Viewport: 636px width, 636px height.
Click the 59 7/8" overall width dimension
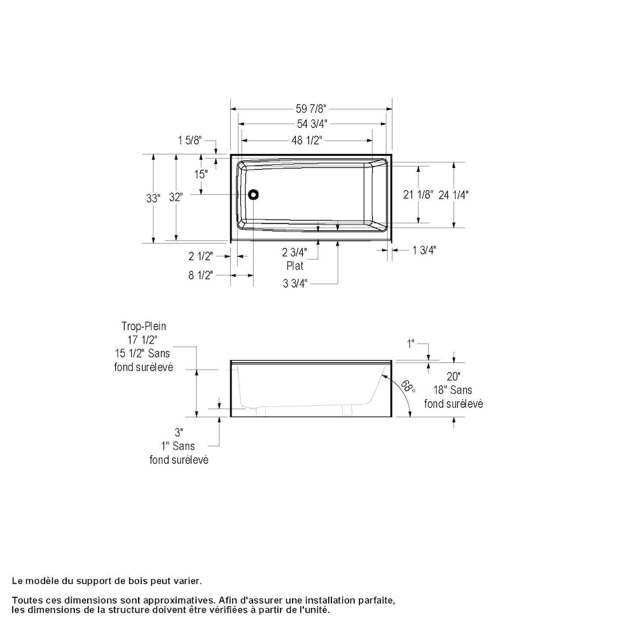(x=311, y=109)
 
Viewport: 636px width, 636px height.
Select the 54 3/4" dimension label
(x=311, y=124)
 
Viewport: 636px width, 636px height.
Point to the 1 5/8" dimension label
(x=190, y=141)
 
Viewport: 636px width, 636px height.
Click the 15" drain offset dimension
(x=201, y=174)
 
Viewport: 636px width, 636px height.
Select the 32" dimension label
(x=176, y=198)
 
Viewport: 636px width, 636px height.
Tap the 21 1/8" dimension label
(x=418, y=195)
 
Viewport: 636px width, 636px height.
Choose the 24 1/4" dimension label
(x=453, y=195)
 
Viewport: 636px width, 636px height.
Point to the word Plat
(x=295, y=265)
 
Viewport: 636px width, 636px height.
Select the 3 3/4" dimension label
(x=295, y=283)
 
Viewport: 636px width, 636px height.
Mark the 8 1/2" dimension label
(x=200, y=275)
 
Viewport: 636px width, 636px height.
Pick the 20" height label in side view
(x=453, y=377)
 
